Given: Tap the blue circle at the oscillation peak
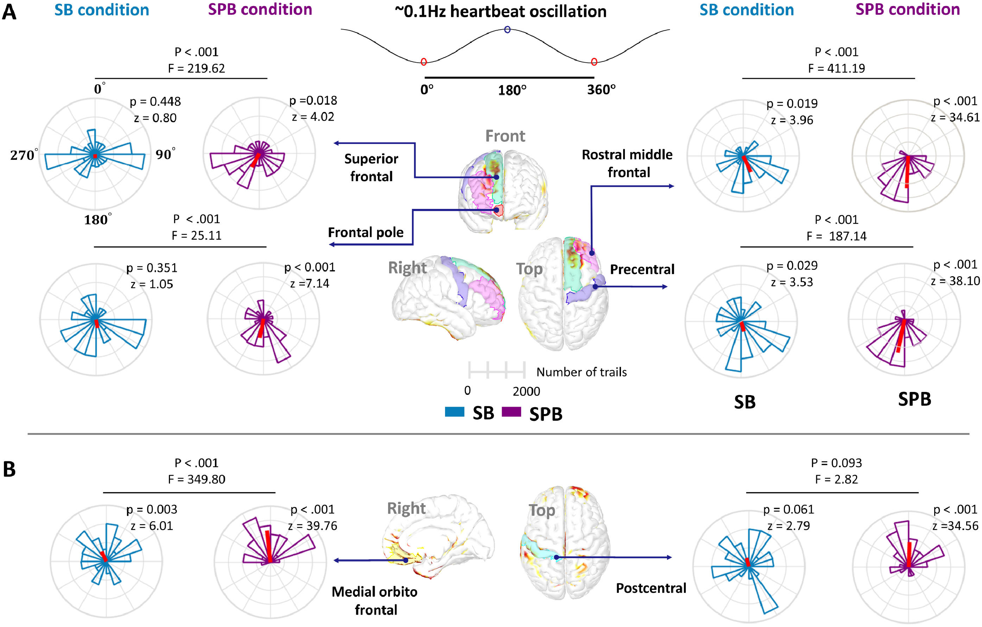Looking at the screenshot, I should click(507, 29).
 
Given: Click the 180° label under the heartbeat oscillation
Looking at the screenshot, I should click(512, 90).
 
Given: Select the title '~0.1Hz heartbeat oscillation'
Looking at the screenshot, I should click(500, 11).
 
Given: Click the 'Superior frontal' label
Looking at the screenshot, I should click(371, 167).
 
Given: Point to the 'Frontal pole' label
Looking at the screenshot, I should click(366, 233).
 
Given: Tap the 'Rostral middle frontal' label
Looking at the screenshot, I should click(627, 163).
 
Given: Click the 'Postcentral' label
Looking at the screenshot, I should click(651, 588).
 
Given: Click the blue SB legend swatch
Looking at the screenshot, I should click(454, 412).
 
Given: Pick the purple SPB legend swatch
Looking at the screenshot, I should click(511, 412).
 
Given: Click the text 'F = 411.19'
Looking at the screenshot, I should click(836, 68).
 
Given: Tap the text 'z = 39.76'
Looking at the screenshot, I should click(312, 526).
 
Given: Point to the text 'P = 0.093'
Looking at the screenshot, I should click(836, 463).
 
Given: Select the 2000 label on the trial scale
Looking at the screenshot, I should click(526, 391).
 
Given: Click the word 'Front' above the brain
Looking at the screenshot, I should click(505, 136).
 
